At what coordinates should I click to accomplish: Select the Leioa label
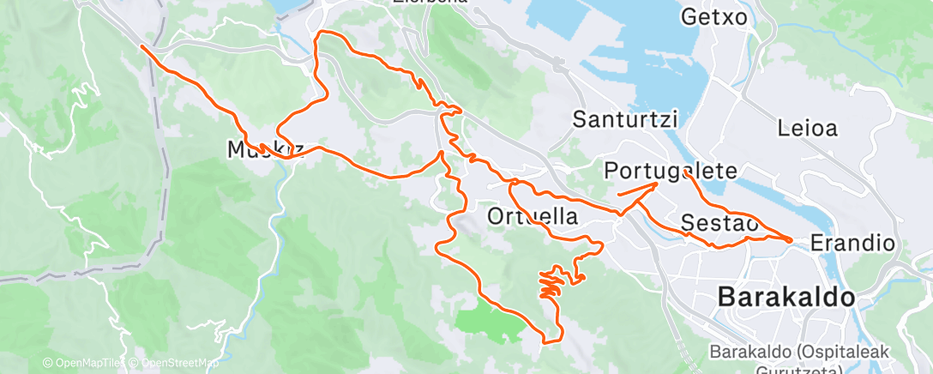pyautogui.click(x=807, y=130)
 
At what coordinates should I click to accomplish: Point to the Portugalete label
pyautogui.click(x=671, y=171)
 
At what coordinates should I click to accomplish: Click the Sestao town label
pyautogui.click(x=719, y=223)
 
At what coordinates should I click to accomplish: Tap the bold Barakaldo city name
pyautogui.click(x=786, y=298)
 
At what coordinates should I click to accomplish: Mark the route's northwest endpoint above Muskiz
pyautogui.click(x=141, y=45)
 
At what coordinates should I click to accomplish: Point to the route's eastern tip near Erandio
pyautogui.click(x=790, y=239)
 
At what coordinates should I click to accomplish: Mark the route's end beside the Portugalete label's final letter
pyautogui.click(x=688, y=173)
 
